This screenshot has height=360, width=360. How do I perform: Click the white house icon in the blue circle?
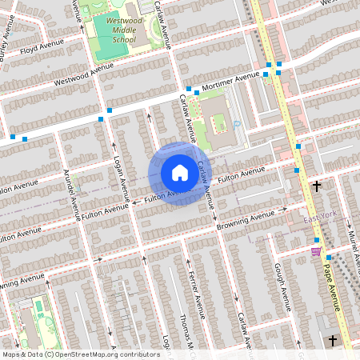point(180,173)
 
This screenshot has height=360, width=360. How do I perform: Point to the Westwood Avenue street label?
point(84,74)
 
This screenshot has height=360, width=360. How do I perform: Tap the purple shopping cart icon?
point(316,250)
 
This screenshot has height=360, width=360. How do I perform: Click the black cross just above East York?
point(317,186)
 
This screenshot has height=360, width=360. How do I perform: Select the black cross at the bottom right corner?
point(332,340)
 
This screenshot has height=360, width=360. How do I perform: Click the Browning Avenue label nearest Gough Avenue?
point(246,218)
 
